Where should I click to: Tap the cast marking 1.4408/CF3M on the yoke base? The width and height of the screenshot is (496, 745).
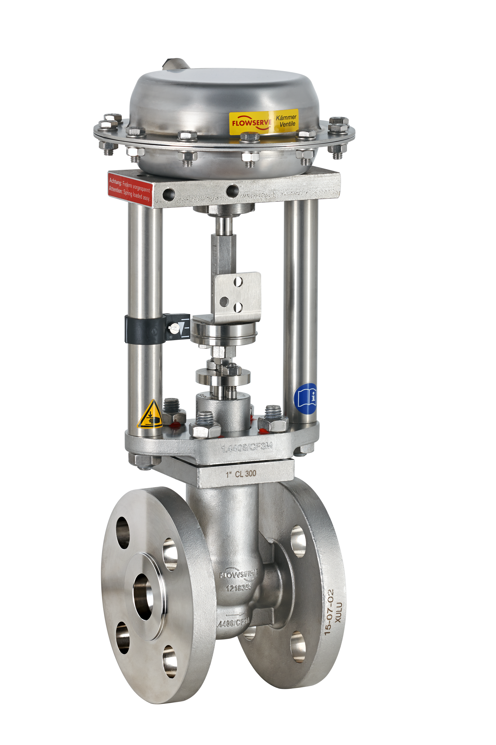(247, 447)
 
